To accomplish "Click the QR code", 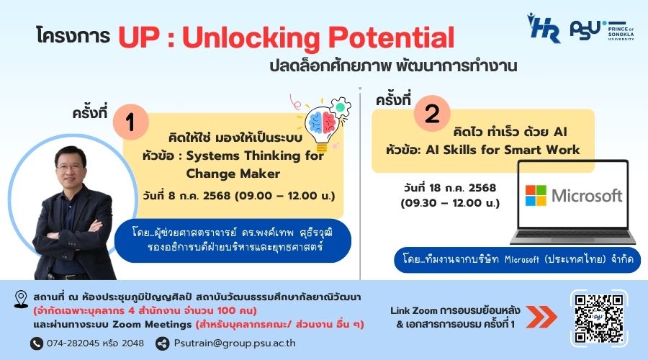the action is click(x=599, y=318).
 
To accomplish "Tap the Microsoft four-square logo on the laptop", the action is click(x=536, y=196).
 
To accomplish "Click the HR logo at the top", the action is click(x=544, y=27).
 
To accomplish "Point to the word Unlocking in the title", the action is click(x=251, y=38).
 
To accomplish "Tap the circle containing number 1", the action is click(x=130, y=122).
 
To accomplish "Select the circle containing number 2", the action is click(x=432, y=114).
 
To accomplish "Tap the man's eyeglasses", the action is click(x=71, y=168).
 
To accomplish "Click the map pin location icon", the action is click(x=21, y=299).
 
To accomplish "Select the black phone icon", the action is click(x=37, y=343).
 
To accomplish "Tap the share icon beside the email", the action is click(x=163, y=343).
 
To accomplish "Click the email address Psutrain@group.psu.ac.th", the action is click(x=235, y=343).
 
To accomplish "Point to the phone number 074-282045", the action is click(x=73, y=343).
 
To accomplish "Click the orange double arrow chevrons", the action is click(x=541, y=317).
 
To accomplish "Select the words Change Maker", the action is click(x=233, y=174).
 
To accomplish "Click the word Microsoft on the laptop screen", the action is click(x=587, y=196).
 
